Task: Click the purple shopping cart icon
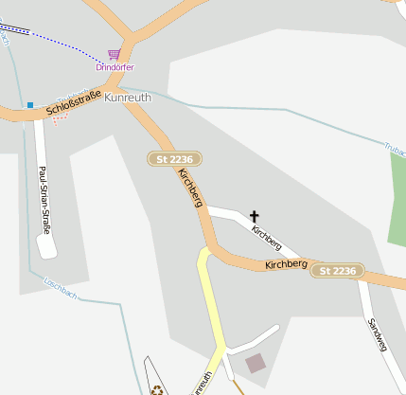tap(115, 54)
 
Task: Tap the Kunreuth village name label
tap(128, 98)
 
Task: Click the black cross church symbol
tap(254, 217)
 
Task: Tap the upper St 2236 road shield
tap(175, 159)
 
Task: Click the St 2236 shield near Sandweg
tap(338, 271)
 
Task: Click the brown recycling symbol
tap(155, 387)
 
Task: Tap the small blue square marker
tap(30, 104)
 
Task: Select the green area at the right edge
tap(397, 208)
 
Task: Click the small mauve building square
tap(256, 363)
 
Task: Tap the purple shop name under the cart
tap(115, 67)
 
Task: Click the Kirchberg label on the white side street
tap(267, 232)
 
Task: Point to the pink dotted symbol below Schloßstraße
tap(60, 120)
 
